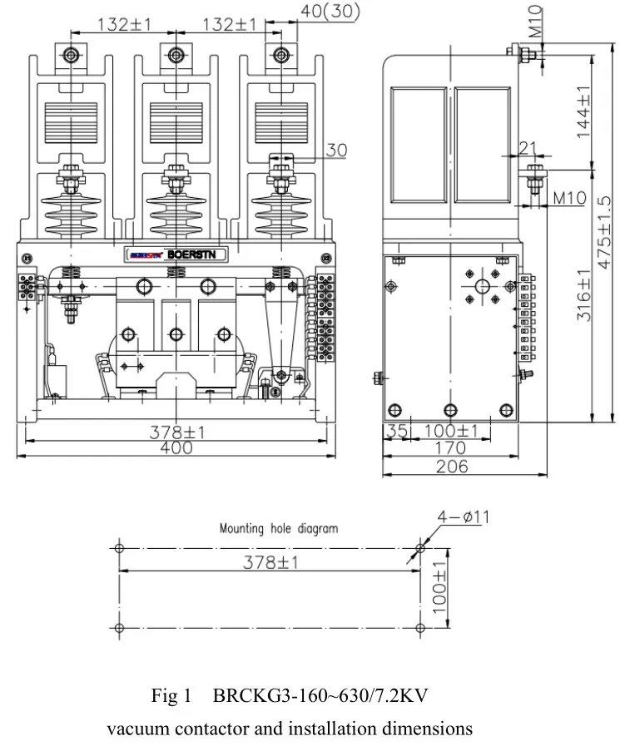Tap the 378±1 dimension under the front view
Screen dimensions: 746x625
click(177, 432)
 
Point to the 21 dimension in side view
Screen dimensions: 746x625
click(528, 148)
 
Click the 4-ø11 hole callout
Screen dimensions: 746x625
click(464, 517)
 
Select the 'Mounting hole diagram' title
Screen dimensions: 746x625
click(279, 528)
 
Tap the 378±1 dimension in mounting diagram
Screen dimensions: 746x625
click(270, 563)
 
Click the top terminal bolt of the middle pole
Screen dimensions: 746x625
click(176, 56)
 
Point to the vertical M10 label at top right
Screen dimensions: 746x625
click(536, 20)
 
